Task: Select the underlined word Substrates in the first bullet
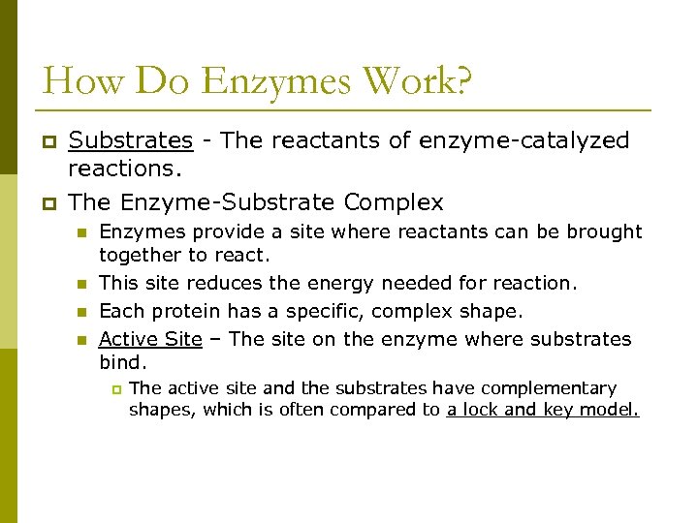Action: pyautogui.click(x=131, y=140)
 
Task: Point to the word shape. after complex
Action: pyautogui.click(x=495, y=311)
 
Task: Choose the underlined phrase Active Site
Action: pyautogui.click(x=150, y=339)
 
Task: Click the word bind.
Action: pyautogui.click(x=122, y=362)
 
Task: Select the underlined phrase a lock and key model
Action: pyautogui.click(x=543, y=410)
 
